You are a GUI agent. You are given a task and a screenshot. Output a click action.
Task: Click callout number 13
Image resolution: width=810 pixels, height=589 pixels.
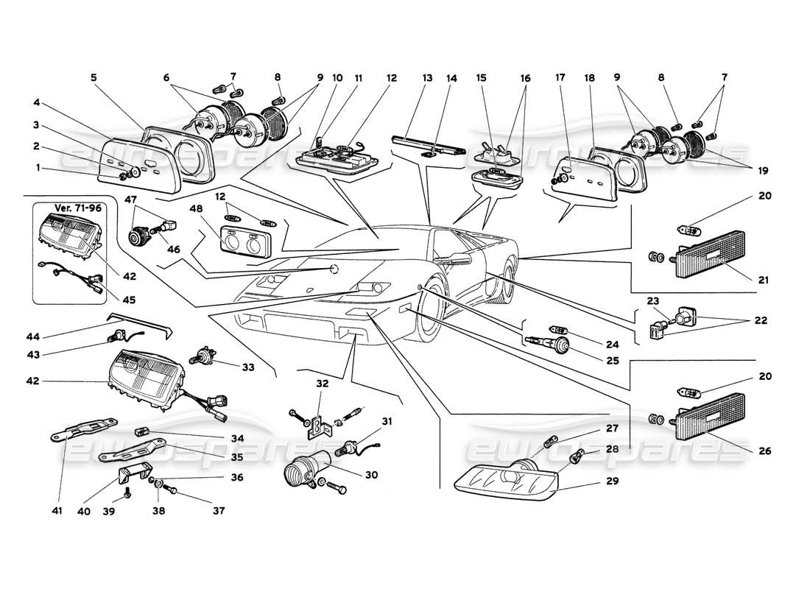point(428,77)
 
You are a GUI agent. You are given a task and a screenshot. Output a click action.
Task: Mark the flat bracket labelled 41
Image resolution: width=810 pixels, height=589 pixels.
point(82,428)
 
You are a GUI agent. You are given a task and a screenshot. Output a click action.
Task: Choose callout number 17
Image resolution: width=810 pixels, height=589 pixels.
point(560,77)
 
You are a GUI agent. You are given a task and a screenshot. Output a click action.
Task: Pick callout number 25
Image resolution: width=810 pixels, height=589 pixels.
point(612,361)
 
